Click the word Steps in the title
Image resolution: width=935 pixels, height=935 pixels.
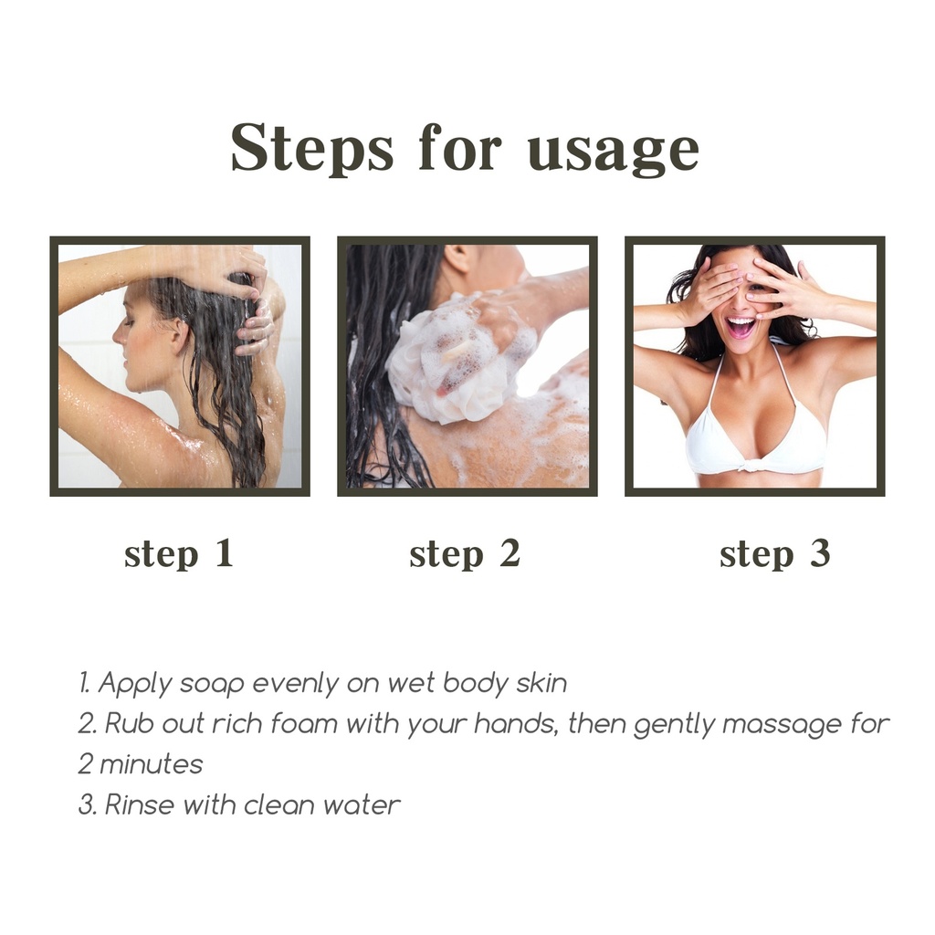click(312, 149)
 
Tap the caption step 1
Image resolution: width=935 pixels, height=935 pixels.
click(179, 554)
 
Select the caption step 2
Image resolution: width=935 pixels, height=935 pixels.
click(465, 554)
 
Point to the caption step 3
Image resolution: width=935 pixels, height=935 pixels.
click(775, 554)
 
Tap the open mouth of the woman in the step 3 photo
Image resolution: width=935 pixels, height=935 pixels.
click(740, 327)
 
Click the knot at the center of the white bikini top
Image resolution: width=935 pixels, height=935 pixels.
click(752, 463)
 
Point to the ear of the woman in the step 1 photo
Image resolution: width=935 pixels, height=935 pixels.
click(175, 336)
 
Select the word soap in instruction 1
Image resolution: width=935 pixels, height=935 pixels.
click(212, 684)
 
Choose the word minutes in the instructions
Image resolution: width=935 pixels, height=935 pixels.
click(151, 764)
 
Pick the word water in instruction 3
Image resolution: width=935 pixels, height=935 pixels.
click(362, 805)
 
